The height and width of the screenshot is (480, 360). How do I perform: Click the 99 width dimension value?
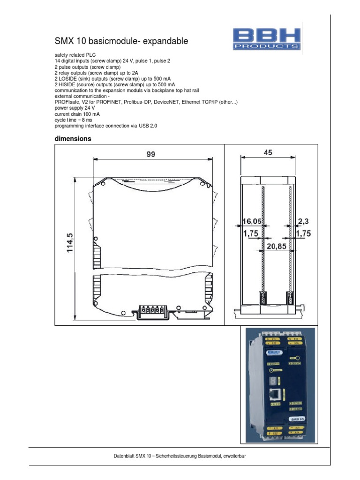150,154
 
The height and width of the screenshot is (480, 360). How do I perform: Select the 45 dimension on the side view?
268,152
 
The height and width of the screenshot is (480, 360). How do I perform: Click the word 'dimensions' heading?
73,139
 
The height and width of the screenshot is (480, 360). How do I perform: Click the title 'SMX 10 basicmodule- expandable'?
121,41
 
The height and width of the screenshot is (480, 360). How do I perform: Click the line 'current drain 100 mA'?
77,114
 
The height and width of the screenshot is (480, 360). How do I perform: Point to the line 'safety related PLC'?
75,55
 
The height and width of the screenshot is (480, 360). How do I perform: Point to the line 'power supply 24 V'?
75,108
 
